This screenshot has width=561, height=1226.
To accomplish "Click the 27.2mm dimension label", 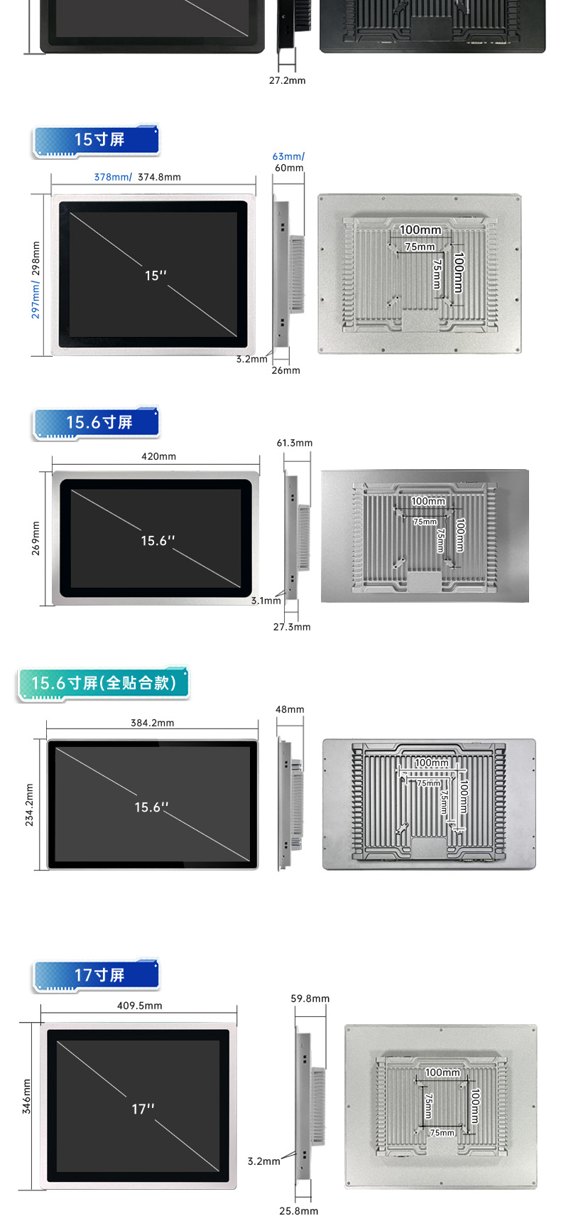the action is (287, 80).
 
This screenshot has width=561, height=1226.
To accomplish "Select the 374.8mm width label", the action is (159, 177).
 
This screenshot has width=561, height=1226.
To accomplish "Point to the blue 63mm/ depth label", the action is (288, 156).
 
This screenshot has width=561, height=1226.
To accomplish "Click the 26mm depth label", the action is (285, 370).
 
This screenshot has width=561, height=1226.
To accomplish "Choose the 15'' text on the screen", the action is (156, 275).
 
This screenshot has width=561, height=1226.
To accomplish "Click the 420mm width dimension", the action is (158, 456).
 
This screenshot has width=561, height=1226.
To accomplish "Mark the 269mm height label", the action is (36, 538).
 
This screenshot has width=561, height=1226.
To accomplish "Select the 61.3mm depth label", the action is (294, 443).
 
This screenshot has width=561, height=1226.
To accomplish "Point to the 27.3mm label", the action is (292, 627).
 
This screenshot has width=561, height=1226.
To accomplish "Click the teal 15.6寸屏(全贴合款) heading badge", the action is (103, 684).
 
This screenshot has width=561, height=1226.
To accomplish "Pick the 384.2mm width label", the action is (152, 723).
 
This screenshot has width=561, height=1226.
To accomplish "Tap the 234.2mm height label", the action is (29, 805).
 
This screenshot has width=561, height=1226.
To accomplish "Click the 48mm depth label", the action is (290, 709).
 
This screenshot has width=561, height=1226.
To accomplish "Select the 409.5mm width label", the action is (139, 1006).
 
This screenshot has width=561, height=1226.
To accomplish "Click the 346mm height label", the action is (26, 1097).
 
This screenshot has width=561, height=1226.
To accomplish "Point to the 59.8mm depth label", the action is (310, 999).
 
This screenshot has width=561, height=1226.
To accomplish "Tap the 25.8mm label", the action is (298, 1211).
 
